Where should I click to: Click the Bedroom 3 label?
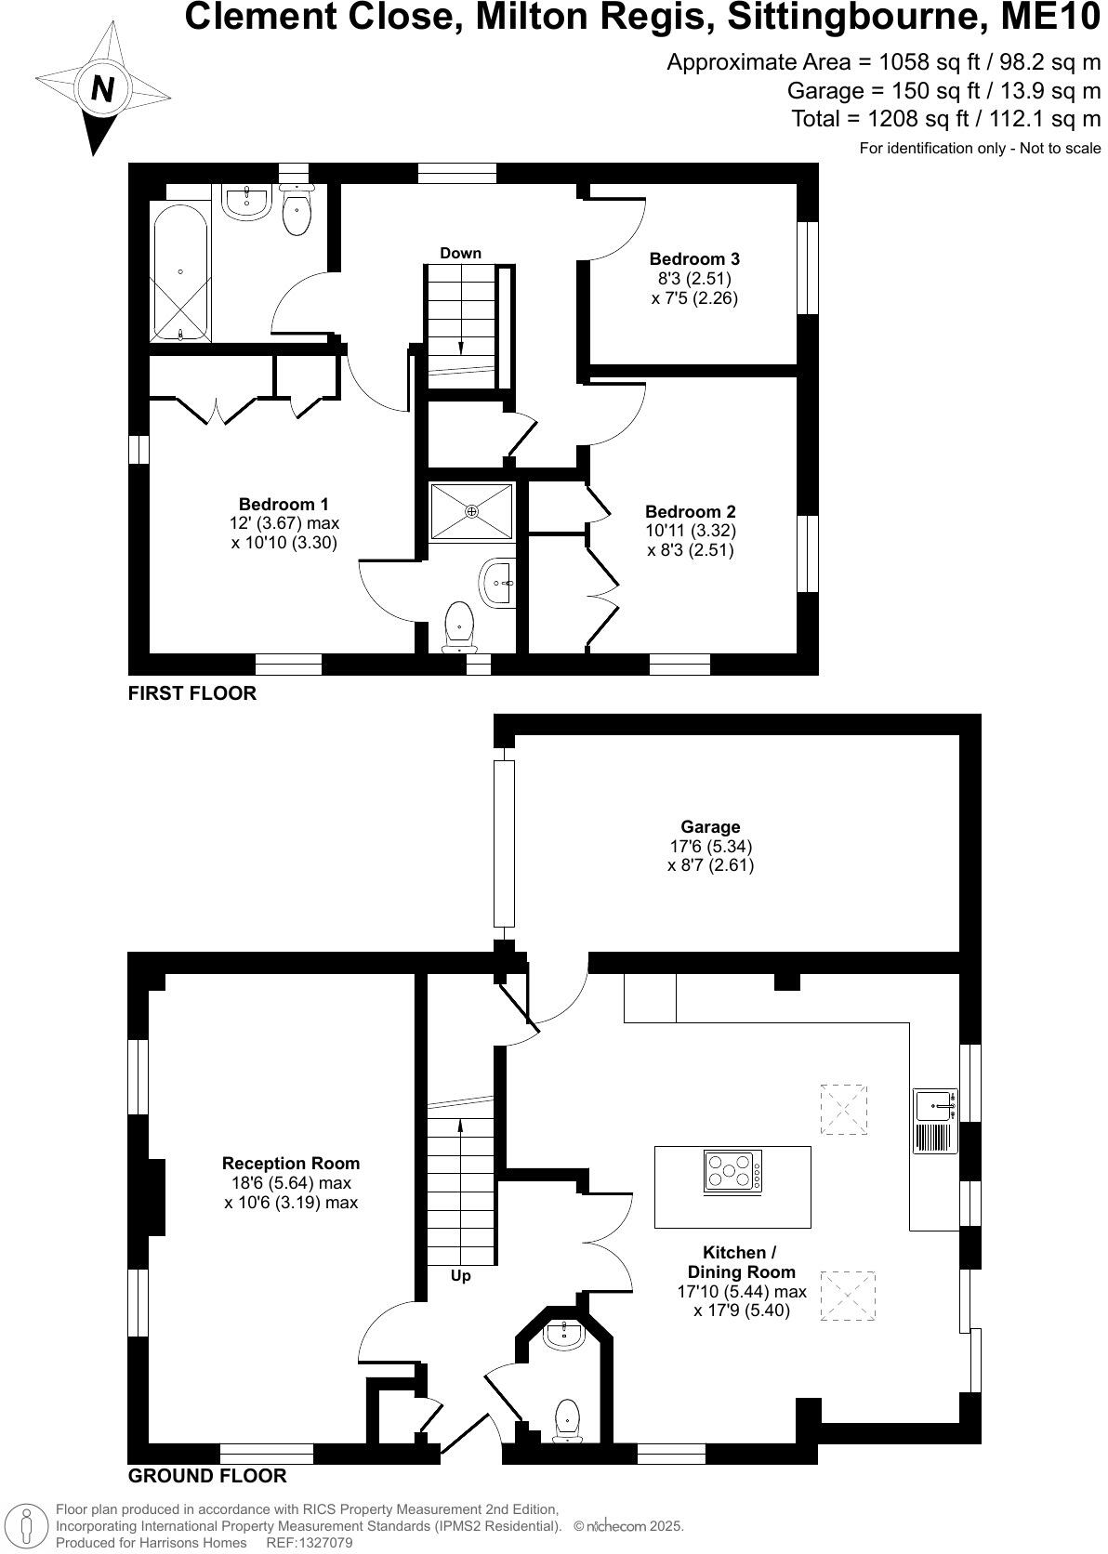694,258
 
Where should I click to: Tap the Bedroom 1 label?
284,504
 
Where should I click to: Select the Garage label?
710,826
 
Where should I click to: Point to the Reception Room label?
291,1163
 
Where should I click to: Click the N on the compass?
102,89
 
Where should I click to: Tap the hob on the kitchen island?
733,1171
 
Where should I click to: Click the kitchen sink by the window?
933,1106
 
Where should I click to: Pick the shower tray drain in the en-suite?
471,510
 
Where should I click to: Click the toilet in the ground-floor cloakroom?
567,1419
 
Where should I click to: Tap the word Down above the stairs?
461,253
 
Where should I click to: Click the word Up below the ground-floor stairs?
461,1276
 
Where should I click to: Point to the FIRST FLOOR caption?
192,692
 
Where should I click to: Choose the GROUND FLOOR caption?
207,1475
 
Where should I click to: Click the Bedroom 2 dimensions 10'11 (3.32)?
691,531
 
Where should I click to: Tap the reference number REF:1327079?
310,1543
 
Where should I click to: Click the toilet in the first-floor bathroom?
297,211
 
